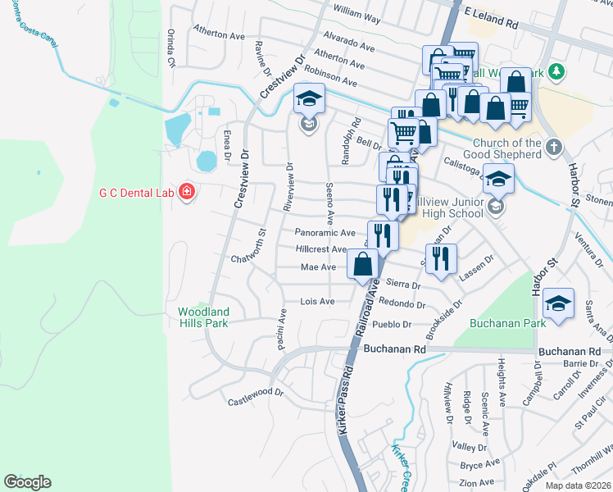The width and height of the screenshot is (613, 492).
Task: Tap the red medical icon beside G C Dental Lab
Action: coord(187,193)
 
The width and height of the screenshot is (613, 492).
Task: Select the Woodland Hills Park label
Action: coord(204,317)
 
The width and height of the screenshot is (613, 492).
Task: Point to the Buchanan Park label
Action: coord(499,324)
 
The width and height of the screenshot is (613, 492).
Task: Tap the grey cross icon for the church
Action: coord(554,148)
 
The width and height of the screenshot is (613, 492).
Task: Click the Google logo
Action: coord(27,482)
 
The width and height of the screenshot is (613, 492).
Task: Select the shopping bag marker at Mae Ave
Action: coord(362,265)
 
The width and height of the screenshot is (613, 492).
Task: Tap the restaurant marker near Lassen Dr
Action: coord(441,258)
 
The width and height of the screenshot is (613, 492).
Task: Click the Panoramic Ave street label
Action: coord(325,233)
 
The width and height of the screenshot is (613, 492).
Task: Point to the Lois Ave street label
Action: coord(317,302)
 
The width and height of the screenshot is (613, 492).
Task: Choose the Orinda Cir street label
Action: coord(172,50)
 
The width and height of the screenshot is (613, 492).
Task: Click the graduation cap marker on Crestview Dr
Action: coord(309,100)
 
